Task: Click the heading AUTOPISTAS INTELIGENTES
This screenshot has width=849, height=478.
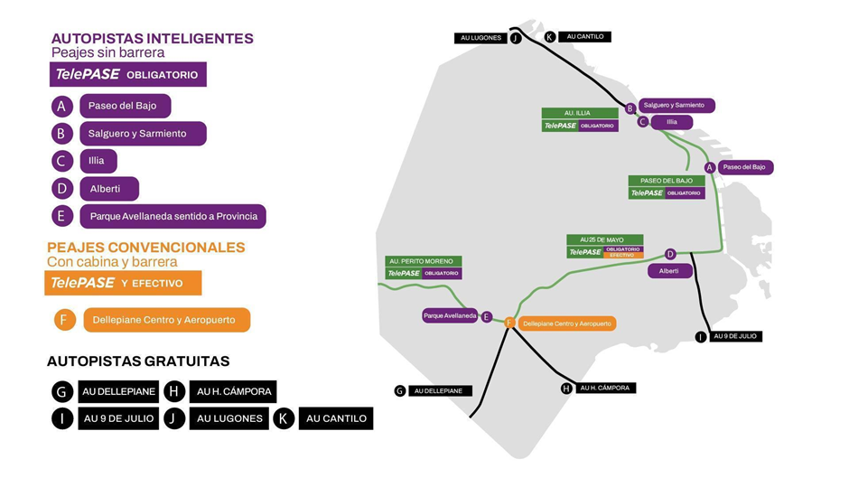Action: coord(152,39)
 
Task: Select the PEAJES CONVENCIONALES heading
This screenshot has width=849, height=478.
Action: coord(145,247)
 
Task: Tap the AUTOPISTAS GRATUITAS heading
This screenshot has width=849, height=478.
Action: coord(138,361)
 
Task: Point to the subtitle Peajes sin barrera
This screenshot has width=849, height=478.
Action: coord(107,53)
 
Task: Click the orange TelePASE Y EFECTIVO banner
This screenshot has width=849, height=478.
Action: coord(123,283)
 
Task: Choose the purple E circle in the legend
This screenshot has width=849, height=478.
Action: coord(62,216)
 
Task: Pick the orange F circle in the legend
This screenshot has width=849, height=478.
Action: coord(64,320)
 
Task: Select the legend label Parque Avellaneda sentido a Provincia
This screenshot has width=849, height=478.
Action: coord(173,216)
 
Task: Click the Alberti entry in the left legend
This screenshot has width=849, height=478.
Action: coord(108,189)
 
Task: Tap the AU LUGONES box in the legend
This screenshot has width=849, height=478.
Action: coord(229,418)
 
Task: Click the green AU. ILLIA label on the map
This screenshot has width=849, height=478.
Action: coord(579,114)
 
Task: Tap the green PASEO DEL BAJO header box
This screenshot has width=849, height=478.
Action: coord(667,181)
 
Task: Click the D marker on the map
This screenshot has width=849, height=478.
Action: coord(670,255)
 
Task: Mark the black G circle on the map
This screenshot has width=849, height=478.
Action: coord(399,391)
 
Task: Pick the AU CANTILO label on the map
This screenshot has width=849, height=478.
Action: coord(584,37)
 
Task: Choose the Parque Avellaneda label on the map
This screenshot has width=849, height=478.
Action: coord(450,316)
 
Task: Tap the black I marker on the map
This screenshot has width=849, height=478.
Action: coord(701,337)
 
